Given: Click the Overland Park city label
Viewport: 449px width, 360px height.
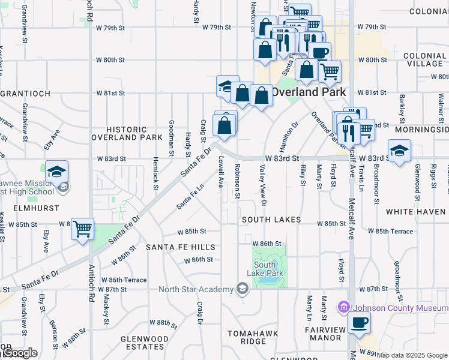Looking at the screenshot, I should coord(309,92).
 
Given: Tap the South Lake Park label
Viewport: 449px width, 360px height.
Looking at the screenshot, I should coord(268,269).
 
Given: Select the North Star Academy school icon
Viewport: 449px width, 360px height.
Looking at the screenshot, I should coord(242,289).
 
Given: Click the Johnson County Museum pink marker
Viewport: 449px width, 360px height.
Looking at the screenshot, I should coord(343,307).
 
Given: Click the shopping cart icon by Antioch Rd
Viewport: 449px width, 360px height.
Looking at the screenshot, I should coord(83,229).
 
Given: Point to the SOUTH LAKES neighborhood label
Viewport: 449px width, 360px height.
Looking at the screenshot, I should coord(271,220).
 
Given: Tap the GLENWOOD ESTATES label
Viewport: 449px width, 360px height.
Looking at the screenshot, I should coord(145,343).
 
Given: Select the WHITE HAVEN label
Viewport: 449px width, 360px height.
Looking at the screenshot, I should coord(417,212).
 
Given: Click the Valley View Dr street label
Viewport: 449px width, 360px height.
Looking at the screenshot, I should coord(262,184).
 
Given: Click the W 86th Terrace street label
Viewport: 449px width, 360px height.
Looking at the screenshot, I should coord(124,280).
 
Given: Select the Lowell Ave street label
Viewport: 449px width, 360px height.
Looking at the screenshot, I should coord(221,172).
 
